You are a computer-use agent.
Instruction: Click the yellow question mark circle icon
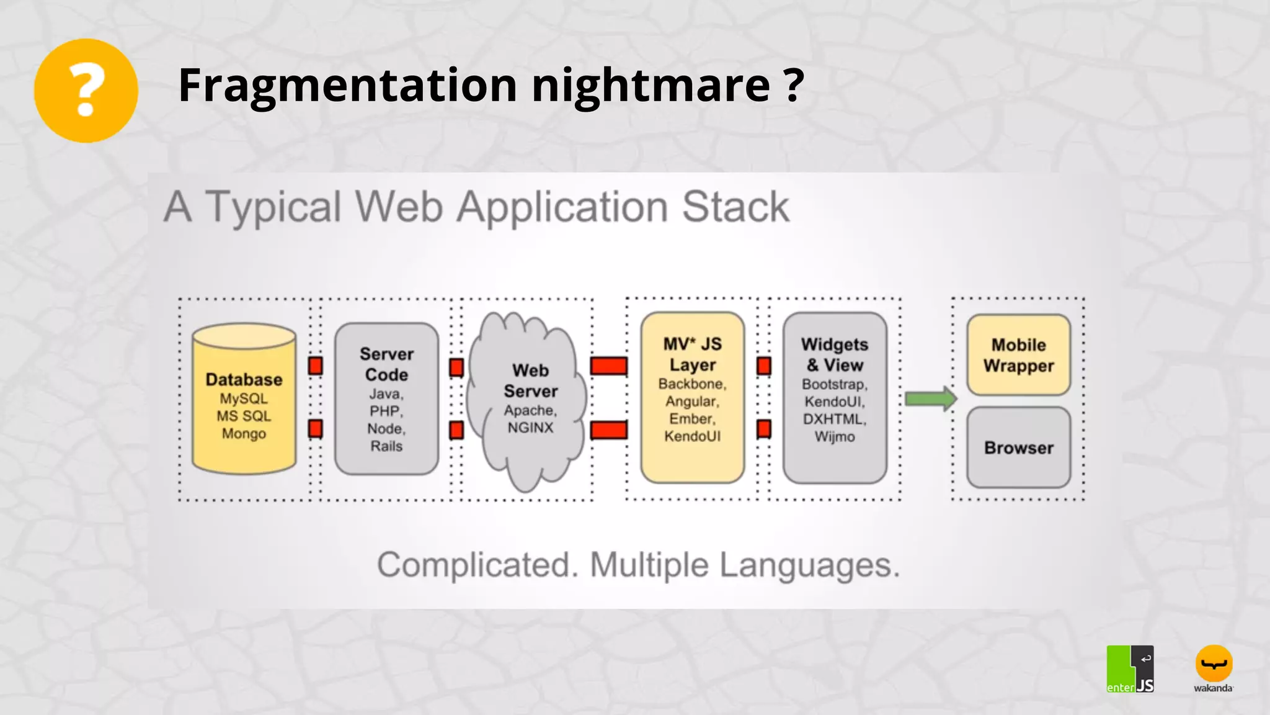(x=86, y=91)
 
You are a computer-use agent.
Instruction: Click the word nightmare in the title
(x=651, y=86)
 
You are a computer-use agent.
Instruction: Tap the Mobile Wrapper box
(x=1018, y=355)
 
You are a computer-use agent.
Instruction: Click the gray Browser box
(x=1018, y=447)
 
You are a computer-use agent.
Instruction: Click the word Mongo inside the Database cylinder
(x=244, y=433)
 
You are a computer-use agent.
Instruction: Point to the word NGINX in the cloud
(x=530, y=428)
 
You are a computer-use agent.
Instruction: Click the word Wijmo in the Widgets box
(x=835, y=436)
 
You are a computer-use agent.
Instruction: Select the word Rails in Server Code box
(x=386, y=446)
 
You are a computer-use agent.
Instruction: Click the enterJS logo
(x=1130, y=669)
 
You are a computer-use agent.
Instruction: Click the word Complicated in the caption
(x=474, y=565)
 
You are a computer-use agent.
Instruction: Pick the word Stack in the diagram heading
(x=735, y=207)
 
